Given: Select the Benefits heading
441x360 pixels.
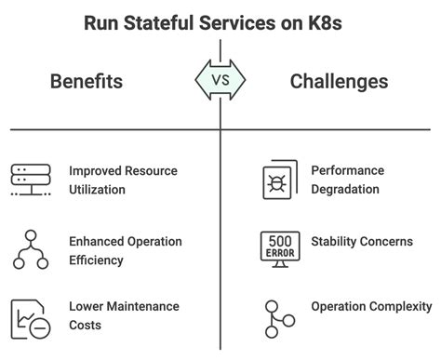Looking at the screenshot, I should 86,82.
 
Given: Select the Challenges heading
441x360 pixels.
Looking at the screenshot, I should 339,82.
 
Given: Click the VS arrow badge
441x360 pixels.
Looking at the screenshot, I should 220,81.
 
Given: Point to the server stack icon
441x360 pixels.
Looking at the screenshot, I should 31,180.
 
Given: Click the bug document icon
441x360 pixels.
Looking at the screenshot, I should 278,180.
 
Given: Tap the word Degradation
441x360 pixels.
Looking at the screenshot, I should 346,189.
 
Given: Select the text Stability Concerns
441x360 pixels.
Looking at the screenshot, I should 361,242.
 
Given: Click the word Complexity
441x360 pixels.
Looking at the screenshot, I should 400,306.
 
